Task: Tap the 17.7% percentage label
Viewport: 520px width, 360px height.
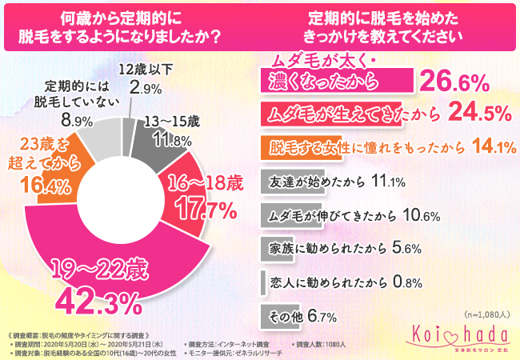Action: coord(206,210)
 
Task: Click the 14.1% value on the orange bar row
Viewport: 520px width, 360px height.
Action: coord(492,147)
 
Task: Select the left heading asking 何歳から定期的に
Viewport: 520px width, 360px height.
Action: coord(130,26)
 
